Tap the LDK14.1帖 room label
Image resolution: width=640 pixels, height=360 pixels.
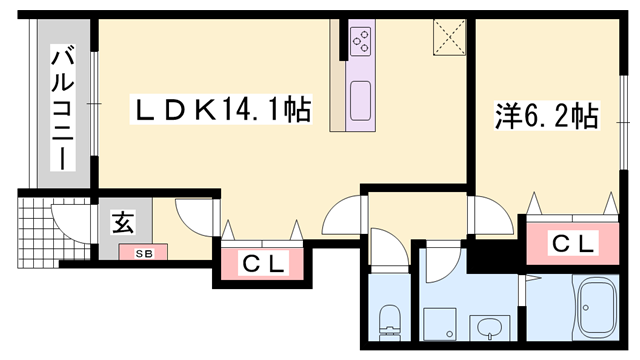click(221, 108)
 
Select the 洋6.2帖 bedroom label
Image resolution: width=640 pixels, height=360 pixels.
click(545, 116)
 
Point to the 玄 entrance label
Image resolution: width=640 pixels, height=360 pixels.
click(121, 223)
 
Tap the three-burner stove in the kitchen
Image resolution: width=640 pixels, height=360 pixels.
click(361, 41)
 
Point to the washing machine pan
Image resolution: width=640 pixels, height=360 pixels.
click(438, 324)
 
